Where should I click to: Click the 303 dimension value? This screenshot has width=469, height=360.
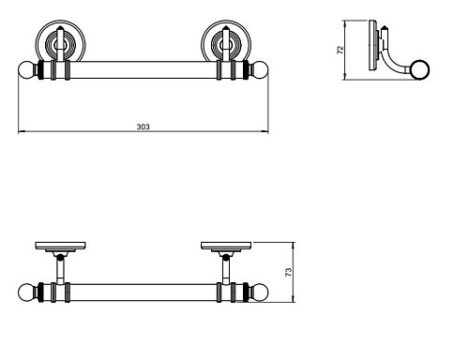coord(143,127)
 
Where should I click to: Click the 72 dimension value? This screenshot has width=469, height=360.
coord(340,50)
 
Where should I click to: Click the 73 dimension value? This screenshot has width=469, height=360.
coord(289,272)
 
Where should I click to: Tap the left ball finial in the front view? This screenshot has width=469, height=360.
coord(28,70)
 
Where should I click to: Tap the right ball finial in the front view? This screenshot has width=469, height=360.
coord(259,70)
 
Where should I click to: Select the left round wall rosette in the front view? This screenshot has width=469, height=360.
coord(60,41)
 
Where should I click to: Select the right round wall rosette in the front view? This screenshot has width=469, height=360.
coord(226,41)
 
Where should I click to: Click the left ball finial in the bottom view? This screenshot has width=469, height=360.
coord(28,292)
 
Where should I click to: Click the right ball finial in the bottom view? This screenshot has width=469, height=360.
coord(259,292)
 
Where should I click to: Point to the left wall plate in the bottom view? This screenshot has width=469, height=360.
coord(61,246)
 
